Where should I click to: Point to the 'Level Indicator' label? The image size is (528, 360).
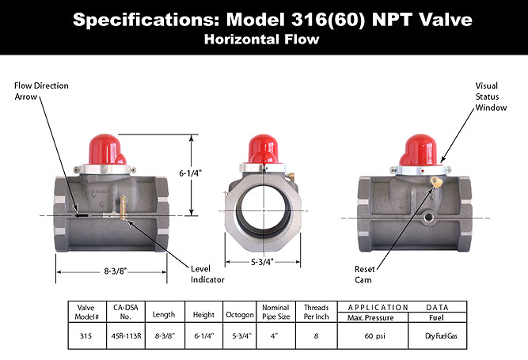point(207,274)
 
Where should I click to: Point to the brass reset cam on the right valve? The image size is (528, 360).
point(432,182)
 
